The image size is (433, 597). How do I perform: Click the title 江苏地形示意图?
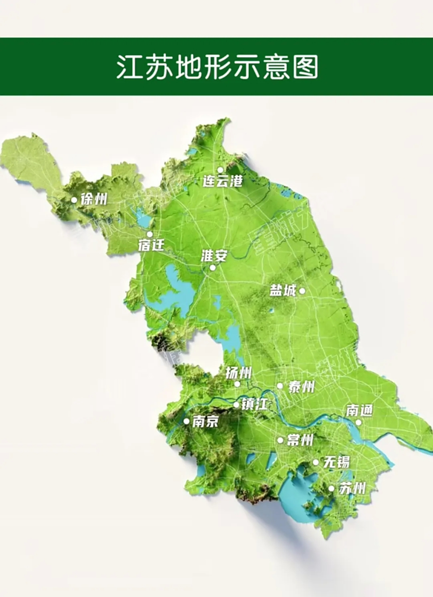[217, 67]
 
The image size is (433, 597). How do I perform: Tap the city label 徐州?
[94, 200]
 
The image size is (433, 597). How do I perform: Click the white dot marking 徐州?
[74, 200]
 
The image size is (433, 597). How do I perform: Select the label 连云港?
[223, 181]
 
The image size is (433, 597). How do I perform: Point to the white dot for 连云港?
[220, 170]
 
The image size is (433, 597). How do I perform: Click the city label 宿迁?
[151, 245]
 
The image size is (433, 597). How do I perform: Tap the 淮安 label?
[214, 256]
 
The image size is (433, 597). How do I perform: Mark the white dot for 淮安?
[213, 268]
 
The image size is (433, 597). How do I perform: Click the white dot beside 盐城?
[302, 291]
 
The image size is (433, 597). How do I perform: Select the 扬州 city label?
[238, 373]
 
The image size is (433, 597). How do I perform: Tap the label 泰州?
[301, 387]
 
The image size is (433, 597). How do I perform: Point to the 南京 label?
[205, 422]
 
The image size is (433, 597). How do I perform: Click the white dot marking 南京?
[186, 421]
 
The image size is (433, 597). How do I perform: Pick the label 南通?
[359, 410]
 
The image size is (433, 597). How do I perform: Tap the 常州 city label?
[300, 440]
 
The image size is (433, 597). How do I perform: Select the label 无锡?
[337, 463]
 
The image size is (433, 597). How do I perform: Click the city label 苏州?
[352, 489]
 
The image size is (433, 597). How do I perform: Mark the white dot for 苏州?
[331, 489]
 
